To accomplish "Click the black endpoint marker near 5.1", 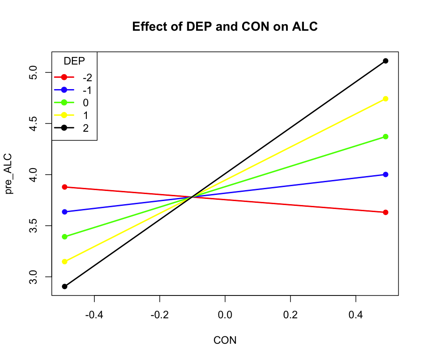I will coord(386,61).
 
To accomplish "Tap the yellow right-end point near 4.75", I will coord(386,99).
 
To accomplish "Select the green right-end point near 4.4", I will coord(386,137).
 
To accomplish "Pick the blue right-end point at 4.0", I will coord(386,174).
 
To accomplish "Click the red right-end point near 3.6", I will coord(386,212).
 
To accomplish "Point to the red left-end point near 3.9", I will coord(65,187).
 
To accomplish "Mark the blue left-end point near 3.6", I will coord(65,212).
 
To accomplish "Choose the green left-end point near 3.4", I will coord(65,237).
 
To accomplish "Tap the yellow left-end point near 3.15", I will coord(65,262).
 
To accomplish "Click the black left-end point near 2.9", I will coord(65,286).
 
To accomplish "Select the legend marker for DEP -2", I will coord(64,77).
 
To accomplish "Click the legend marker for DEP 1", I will coord(64,115).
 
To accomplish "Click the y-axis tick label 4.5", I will coord(39,124).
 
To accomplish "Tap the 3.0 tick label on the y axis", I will coord(39,277).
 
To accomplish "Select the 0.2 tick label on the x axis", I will coord(290,314).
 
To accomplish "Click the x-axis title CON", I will coord(225,340).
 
